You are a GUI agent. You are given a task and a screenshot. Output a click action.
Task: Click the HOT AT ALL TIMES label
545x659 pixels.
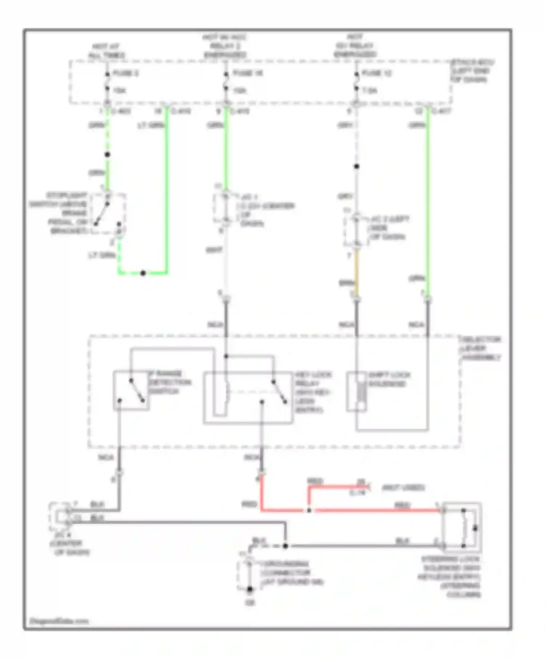[x=106, y=51]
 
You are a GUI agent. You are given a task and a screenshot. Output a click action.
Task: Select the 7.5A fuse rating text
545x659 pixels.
[x=370, y=91]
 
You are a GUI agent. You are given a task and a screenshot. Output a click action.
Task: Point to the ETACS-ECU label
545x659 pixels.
[x=472, y=71]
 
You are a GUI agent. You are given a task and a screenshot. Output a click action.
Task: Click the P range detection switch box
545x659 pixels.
[x=131, y=391]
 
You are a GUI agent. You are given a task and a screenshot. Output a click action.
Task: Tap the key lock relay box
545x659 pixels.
[x=248, y=397]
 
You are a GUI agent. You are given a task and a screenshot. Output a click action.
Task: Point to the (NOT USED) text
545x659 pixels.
[x=403, y=488]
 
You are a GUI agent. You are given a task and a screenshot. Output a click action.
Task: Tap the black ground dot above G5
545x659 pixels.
[x=250, y=589]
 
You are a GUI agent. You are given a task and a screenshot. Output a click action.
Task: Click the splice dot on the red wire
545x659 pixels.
[x=309, y=510]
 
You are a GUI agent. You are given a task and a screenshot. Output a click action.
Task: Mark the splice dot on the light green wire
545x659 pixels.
[x=143, y=273]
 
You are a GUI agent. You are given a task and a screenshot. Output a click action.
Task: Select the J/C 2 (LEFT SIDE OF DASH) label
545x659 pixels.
[x=389, y=228]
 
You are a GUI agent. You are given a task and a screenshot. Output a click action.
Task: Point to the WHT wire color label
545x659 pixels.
[x=214, y=250]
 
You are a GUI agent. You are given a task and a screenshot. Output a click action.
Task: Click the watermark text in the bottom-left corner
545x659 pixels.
[x=59, y=621]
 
